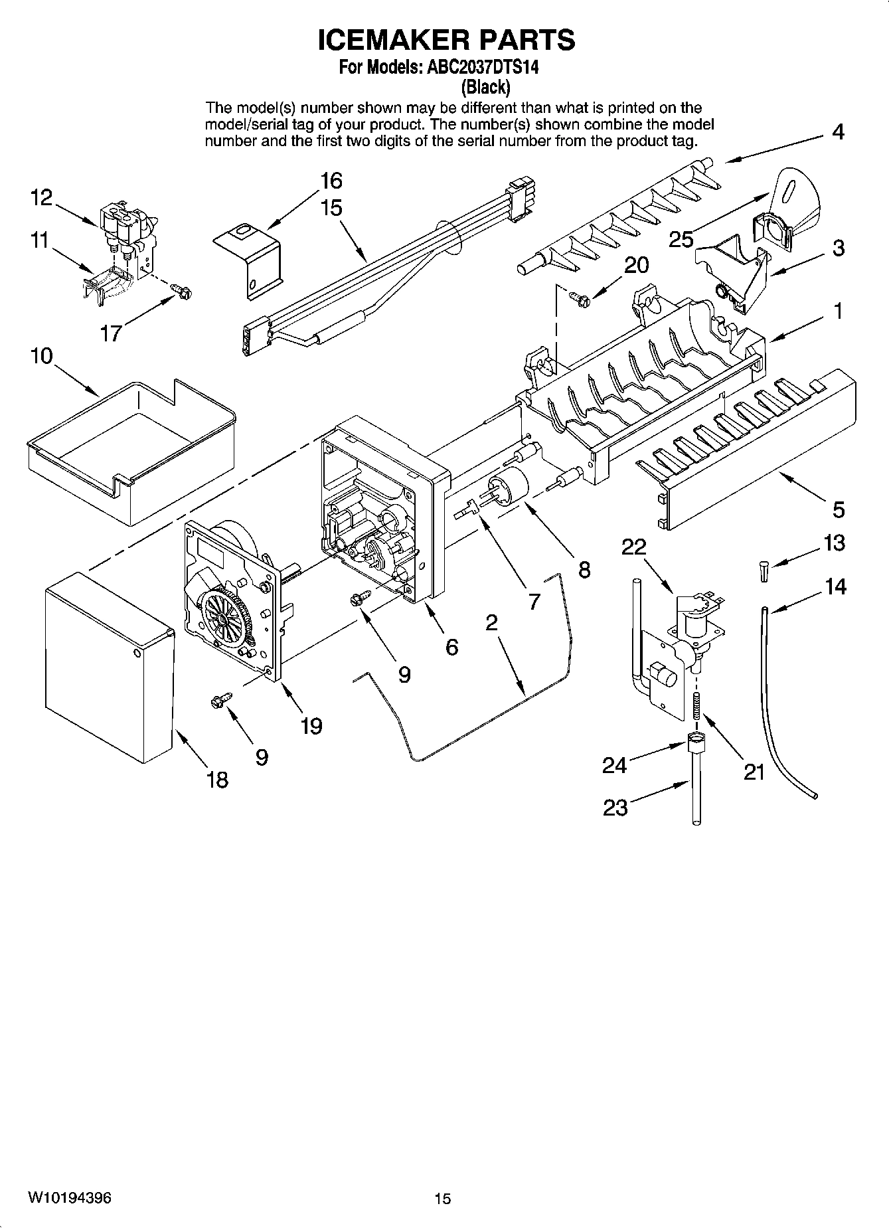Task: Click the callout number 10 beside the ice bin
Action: coord(40,356)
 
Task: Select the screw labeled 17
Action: coord(181,291)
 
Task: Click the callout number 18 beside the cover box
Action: coord(217,779)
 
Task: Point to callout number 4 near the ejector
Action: coord(838,132)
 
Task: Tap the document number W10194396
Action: coord(69,1197)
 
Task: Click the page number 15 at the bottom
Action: coord(443,1198)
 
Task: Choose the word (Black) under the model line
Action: coord(485,86)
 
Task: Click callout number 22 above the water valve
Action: coord(633,547)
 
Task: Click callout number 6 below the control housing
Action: coord(451,646)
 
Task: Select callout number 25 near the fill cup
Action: coord(681,239)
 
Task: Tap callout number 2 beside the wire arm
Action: coord(491,622)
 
